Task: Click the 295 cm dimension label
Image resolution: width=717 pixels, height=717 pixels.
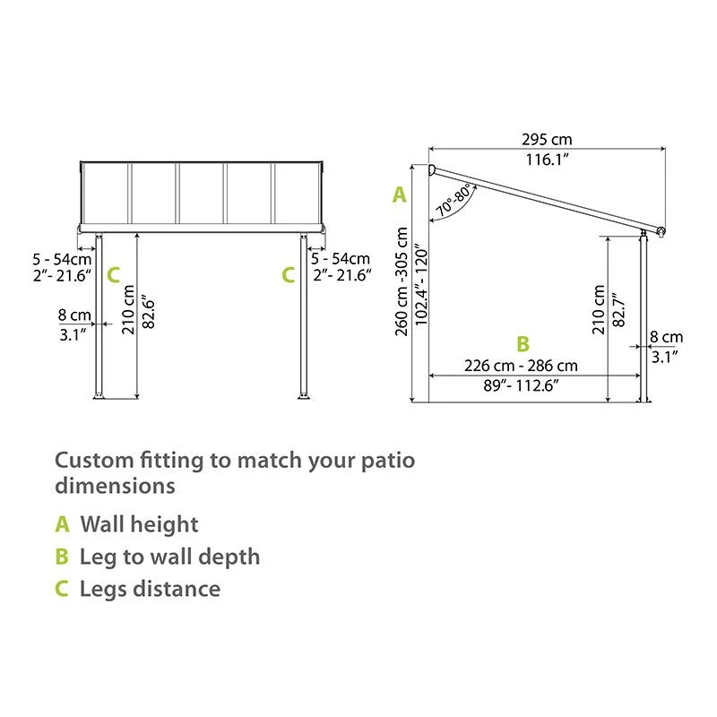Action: [x=546, y=139]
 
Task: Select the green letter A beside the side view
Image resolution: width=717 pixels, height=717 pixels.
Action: [x=399, y=194]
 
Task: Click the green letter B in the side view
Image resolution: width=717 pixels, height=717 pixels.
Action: [x=523, y=343]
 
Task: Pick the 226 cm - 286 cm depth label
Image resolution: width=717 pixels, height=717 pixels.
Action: [x=521, y=366]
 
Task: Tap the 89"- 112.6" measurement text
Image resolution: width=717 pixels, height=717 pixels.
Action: [x=521, y=384]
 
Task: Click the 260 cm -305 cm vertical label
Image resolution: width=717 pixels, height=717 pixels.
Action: [x=402, y=280]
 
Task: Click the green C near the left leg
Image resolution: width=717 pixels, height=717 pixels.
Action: [x=113, y=275]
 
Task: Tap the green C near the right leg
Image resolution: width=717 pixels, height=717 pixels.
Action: [x=288, y=275]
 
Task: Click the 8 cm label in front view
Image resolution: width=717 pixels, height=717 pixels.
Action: [x=73, y=315]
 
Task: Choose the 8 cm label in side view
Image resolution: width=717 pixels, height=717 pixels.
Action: [x=666, y=337]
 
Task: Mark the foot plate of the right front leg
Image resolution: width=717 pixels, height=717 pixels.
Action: [x=303, y=397]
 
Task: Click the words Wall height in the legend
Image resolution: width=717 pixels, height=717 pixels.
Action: [x=139, y=524]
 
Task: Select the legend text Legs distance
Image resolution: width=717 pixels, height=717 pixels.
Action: [x=150, y=589]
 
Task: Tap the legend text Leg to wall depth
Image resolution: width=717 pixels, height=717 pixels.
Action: [x=169, y=557]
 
